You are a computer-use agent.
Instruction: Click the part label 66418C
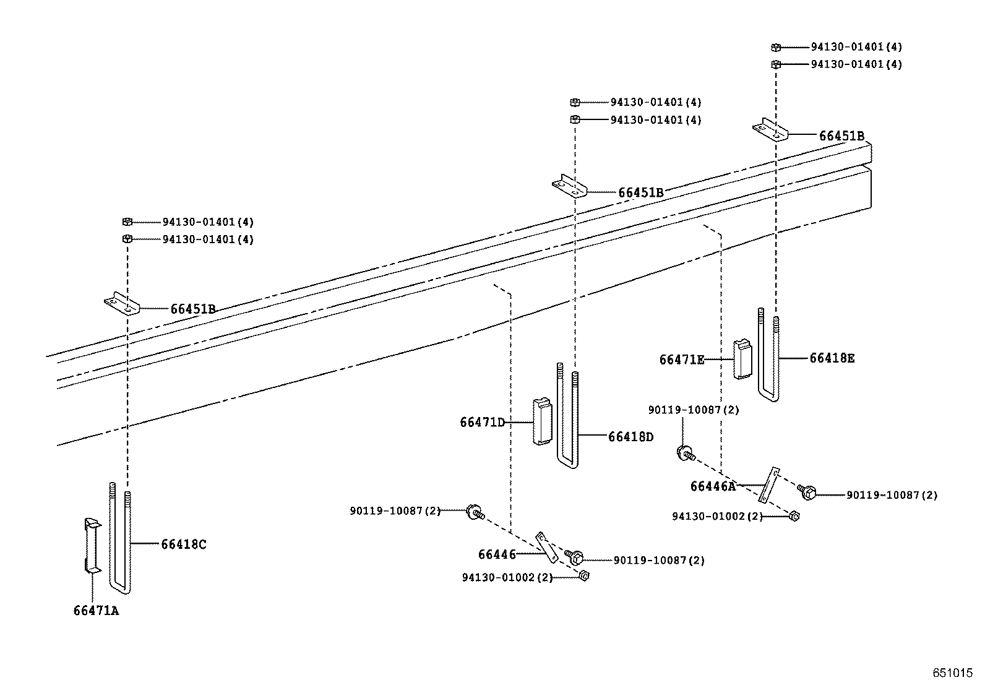click(184, 544)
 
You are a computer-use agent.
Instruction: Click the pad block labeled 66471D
click(542, 421)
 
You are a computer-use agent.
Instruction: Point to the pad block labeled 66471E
click(742, 359)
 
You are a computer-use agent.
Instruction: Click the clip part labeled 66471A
click(91, 544)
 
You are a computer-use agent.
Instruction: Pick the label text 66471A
click(95, 611)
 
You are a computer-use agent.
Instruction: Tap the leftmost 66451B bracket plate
click(123, 306)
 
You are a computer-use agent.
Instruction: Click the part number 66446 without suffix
click(496, 554)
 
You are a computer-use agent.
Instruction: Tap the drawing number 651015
click(953, 672)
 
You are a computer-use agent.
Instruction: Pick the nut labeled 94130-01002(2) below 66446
click(583, 576)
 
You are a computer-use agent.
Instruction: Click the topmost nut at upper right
click(776, 47)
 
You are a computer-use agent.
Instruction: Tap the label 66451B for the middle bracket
click(640, 192)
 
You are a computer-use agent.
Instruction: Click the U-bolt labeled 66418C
click(120, 538)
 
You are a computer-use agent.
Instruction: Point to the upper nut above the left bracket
click(127, 222)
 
